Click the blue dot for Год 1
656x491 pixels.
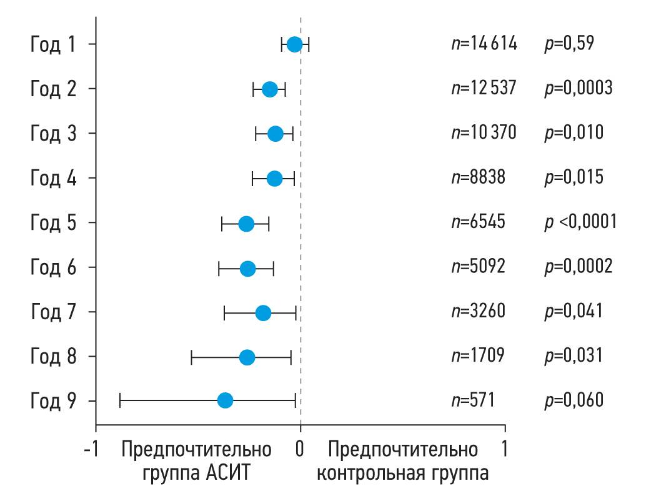click(x=294, y=44)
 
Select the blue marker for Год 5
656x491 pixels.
click(x=246, y=224)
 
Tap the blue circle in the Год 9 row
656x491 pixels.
click(x=225, y=400)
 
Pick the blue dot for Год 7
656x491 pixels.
click(x=263, y=313)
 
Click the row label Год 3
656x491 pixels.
click(x=53, y=133)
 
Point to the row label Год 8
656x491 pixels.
click(x=53, y=356)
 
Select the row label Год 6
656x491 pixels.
click(x=53, y=267)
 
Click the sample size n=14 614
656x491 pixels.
click(x=484, y=44)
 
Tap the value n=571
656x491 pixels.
click(x=473, y=400)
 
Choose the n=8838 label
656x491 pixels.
click(x=478, y=177)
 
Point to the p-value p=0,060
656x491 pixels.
click(x=574, y=400)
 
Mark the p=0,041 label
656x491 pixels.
click(x=574, y=310)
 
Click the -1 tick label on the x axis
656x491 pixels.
click(x=92, y=449)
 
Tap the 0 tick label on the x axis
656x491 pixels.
click(x=301, y=449)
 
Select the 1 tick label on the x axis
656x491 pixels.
click(x=505, y=449)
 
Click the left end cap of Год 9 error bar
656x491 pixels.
click(x=119, y=400)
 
